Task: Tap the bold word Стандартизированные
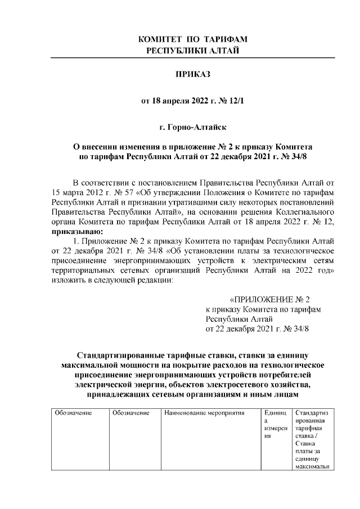121,355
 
